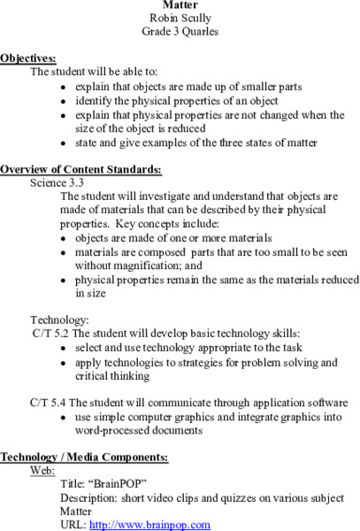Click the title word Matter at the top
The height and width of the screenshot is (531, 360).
point(180,4)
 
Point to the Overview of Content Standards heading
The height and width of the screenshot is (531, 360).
point(80,169)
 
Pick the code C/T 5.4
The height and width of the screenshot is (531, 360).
point(50,403)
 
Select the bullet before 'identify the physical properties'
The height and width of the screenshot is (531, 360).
point(63,102)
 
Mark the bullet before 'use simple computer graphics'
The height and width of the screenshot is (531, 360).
point(63,418)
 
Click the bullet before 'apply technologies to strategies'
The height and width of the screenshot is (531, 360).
point(63,363)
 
